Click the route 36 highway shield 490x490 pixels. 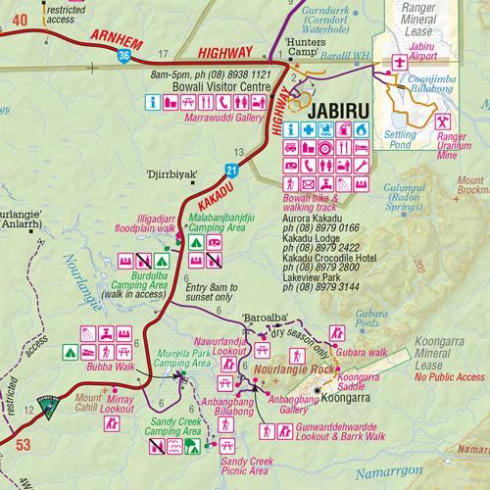[122, 57]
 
